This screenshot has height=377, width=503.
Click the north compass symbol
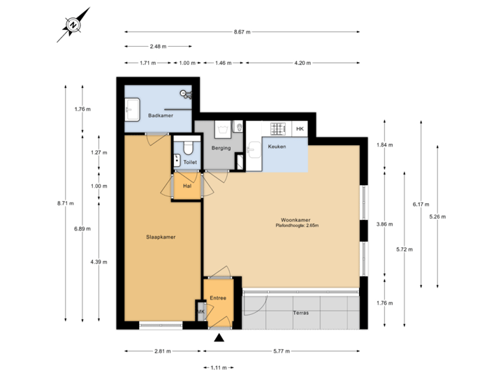(x=72, y=24)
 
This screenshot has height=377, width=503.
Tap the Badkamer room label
(x=161, y=116)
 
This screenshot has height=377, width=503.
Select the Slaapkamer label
(x=161, y=237)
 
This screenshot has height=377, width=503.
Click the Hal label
(x=187, y=186)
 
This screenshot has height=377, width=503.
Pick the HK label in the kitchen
(x=300, y=129)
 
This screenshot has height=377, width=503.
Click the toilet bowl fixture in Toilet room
(x=187, y=147)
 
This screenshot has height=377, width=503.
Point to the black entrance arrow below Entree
(x=219, y=339)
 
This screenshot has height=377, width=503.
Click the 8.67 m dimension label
(x=242, y=32)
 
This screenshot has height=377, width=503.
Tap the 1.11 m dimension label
(x=219, y=367)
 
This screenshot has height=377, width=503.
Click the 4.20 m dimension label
(x=302, y=63)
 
